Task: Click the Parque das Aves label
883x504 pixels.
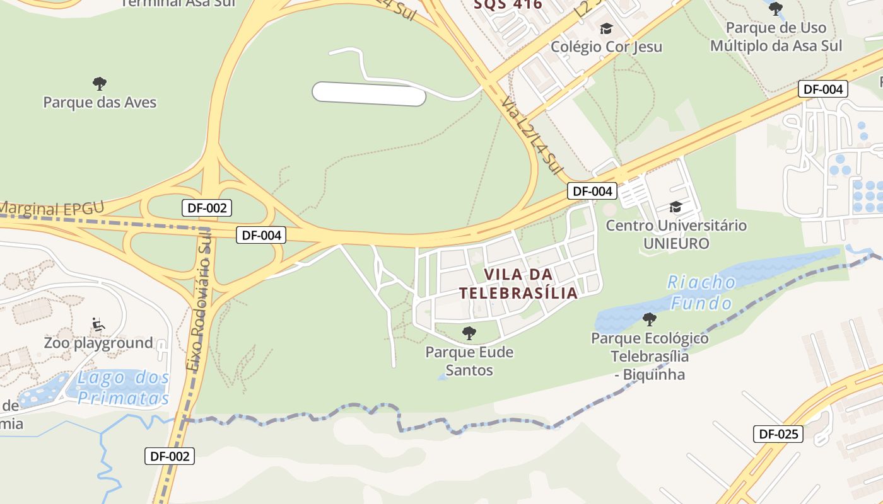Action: (100, 102)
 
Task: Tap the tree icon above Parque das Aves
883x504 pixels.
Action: (100, 83)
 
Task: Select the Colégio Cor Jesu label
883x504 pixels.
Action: (606, 47)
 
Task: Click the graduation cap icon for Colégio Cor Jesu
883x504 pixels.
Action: (606, 29)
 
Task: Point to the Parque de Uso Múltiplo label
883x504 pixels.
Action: (776, 37)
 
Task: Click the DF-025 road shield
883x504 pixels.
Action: (778, 433)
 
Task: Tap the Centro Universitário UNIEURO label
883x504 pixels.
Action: (676, 234)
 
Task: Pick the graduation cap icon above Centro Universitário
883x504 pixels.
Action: (676, 207)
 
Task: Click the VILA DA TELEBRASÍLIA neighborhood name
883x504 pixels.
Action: (518, 283)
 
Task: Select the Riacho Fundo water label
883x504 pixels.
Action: (701, 292)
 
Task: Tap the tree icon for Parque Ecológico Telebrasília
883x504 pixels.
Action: (649, 319)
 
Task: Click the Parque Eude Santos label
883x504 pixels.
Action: (469, 360)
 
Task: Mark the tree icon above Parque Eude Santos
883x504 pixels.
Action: (469, 333)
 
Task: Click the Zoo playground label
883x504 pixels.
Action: (98, 343)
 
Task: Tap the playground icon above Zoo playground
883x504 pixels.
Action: (98, 324)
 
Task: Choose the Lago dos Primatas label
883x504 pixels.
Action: (124, 387)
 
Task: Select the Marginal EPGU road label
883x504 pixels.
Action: (50, 209)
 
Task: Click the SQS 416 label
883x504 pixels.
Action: (508, 5)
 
